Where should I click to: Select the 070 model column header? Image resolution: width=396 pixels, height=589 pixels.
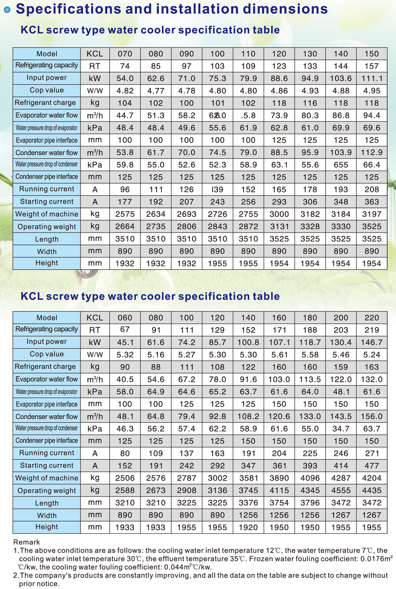coord(125,54)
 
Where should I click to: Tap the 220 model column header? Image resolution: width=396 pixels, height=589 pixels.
coord(371,317)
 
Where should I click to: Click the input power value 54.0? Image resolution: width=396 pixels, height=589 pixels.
coord(125,78)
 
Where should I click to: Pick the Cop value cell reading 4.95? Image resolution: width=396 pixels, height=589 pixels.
coord(371,91)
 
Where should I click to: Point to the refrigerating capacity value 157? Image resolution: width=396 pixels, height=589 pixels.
coord(371,66)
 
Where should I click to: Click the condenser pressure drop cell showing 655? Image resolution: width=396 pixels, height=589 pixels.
coord(341,165)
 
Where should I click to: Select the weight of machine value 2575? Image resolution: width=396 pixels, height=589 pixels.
coord(125,214)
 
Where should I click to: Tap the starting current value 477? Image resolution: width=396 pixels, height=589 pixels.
coord(371,465)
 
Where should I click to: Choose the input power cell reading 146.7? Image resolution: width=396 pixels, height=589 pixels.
coord(371,342)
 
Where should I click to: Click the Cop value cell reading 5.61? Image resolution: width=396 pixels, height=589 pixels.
coord(279,355)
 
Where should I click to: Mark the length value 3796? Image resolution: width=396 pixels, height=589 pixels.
coord(310,503)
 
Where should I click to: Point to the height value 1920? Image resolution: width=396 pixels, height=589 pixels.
coord(248,527)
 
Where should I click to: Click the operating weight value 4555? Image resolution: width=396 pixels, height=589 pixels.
coord(341,491)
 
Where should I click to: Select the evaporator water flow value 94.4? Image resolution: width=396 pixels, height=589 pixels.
coord(371,116)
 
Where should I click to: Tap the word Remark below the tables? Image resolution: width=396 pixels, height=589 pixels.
coord(26,542)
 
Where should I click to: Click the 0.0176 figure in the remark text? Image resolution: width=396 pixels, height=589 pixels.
coord(369,559)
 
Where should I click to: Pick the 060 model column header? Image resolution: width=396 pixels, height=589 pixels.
coord(125,317)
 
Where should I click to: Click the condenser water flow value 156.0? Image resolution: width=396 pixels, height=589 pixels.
coord(371,416)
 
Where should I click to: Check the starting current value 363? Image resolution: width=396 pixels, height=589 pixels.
coord(371,202)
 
